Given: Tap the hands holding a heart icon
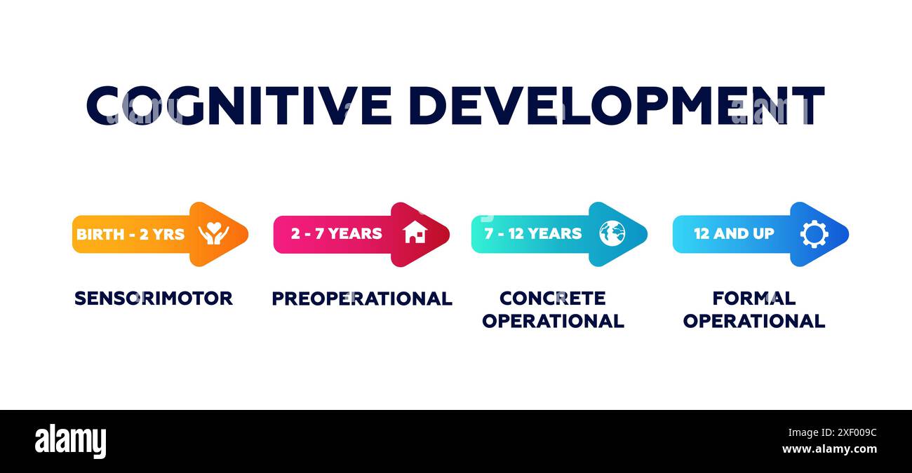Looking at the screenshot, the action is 214,233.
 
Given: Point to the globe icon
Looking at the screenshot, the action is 612,233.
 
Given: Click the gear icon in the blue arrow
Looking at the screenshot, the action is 814,234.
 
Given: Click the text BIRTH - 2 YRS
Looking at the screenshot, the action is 130,235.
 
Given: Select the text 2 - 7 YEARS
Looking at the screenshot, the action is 337,233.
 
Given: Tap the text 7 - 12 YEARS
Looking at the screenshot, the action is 533,233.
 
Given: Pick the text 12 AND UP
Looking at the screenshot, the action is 734,233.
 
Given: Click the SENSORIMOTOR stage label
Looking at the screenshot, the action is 154,299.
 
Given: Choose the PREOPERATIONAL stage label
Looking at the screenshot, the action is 362,299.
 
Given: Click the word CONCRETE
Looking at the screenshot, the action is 553,298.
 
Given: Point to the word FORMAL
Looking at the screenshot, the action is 754,298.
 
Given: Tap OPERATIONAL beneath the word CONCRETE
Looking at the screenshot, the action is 553,321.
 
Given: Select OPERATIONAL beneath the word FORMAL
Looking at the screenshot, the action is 754,321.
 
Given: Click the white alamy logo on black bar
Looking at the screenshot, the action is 70,441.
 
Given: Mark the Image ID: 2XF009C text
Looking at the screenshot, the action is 832,432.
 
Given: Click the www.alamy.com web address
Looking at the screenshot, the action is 829,449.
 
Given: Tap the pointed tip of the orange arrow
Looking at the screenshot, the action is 247,234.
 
